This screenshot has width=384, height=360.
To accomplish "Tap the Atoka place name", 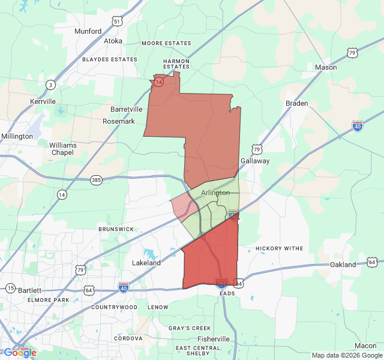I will pos(113,41).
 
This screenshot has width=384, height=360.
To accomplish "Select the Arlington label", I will pos(215,193).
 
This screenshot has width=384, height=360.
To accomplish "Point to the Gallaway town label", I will pos(255,161).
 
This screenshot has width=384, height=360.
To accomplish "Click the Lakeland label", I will pos(146,263).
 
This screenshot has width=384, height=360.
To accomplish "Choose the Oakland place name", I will pos(343,265).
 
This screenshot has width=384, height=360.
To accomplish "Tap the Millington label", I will pos(17,136).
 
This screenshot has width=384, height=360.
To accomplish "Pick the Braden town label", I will pos(296,103).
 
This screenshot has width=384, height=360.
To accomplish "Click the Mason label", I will pos(326,67).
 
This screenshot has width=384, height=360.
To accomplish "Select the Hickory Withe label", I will pos(280,248).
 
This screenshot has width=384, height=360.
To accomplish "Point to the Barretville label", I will pos(127,109).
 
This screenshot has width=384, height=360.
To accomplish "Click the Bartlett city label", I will pos(29,290).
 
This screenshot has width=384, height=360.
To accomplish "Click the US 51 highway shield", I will pos(118,22).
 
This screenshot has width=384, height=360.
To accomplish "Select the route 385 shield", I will pos(96,180).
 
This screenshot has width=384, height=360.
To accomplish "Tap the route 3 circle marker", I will pos(51,85).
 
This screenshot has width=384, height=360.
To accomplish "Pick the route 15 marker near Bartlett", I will pos(10,289).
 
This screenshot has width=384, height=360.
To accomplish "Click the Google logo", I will pos(20,353).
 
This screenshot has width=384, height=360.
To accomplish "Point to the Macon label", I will pos(365,346).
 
